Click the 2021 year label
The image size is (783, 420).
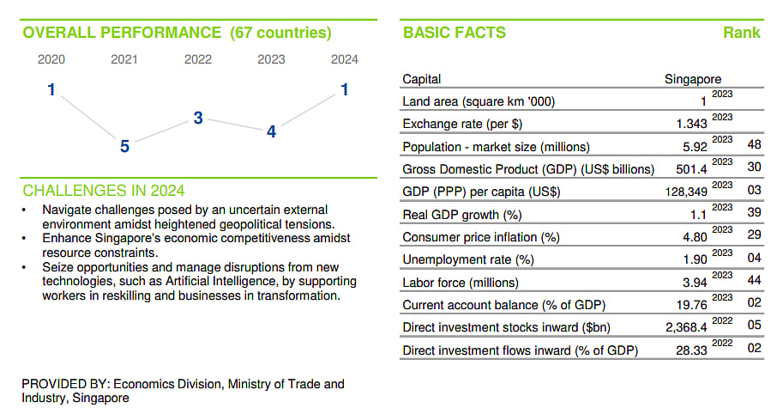click(123, 59)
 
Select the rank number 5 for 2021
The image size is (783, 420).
click(124, 147)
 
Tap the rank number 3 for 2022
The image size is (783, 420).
click(198, 118)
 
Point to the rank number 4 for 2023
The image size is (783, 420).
click(271, 131)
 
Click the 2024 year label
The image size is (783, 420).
click(345, 59)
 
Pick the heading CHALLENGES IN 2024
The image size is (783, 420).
click(104, 191)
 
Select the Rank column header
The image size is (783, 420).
click(742, 33)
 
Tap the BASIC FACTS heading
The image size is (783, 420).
click(455, 33)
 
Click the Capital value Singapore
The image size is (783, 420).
click(693, 79)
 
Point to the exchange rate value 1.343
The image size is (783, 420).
click(691, 124)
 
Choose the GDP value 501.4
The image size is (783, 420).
click(691, 169)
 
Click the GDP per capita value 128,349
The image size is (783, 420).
click(686, 192)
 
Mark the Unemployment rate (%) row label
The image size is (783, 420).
click(468, 260)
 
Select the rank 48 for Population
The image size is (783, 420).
click(754, 144)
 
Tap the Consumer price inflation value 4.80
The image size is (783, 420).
click(696, 237)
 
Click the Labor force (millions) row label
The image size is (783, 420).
click(461, 283)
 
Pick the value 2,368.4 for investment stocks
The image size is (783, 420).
click(686, 327)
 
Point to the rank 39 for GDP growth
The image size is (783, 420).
click(754, 212)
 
